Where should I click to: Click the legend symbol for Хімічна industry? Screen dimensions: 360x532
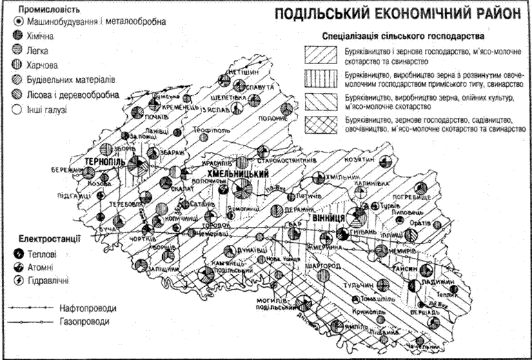15,34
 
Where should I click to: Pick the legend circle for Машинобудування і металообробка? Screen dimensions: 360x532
15,22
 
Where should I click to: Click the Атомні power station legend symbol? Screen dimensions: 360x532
15,267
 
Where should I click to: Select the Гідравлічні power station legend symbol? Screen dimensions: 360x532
15,280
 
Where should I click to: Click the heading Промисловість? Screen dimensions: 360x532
46,10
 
